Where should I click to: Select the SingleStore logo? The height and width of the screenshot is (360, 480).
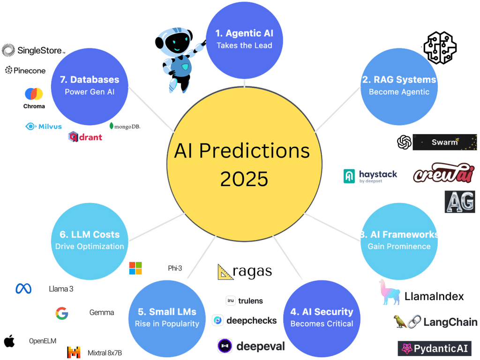pos(33,50)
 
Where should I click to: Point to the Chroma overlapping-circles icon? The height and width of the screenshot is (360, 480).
pos(34,94)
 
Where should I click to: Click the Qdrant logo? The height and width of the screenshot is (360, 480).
pos(85,137)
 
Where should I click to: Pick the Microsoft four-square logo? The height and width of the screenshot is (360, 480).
pos(135,268)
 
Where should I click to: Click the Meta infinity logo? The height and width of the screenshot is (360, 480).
pos(23,289)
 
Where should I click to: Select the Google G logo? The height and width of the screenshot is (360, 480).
pos(61,313)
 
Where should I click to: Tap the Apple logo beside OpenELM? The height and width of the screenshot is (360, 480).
pos(9,341)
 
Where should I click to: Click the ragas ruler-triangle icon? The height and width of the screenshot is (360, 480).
pos(225,272)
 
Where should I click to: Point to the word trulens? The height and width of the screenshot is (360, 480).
pos(250,301)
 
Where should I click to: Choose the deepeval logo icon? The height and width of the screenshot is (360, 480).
pos(225,346)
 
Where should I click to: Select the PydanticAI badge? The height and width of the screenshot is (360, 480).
pos(434,349)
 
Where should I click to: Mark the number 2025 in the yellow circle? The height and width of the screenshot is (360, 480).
pos(244,179)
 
